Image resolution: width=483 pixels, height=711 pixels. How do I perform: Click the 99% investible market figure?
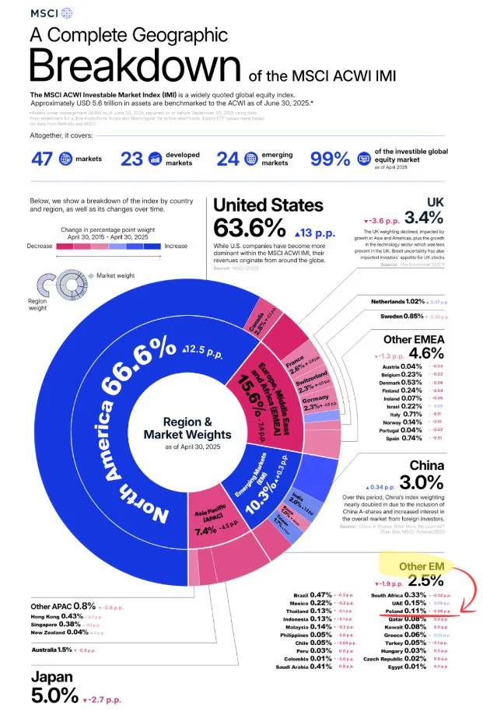[x=331, y=159]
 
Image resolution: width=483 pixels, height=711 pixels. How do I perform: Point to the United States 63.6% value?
[x=249, y=229]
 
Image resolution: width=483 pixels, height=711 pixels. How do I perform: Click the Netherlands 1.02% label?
[x=398, y=301]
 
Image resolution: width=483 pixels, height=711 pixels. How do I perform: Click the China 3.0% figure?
[x=444, y=483]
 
